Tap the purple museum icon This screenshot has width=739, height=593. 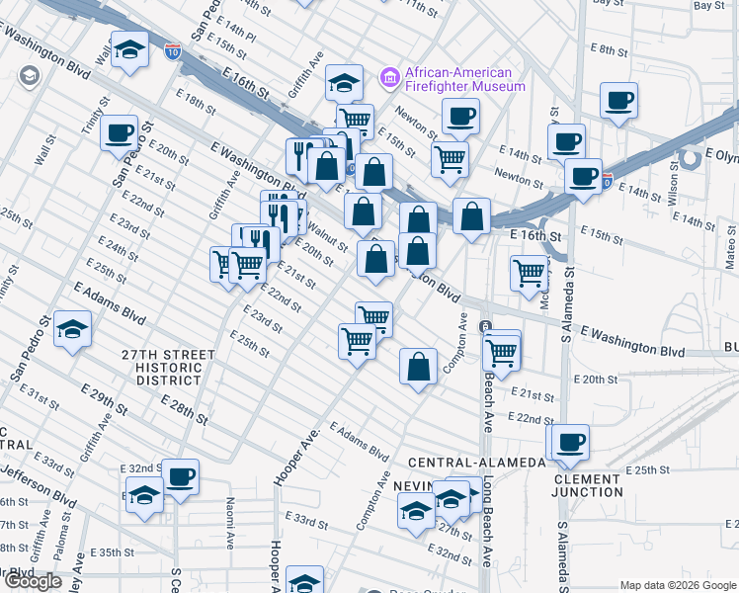(389, 77)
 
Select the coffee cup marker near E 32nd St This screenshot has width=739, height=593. (181, 477)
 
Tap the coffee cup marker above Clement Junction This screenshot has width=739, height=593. (570, 443)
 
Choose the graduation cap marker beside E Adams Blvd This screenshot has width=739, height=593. (73, 329)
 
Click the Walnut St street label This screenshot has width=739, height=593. (327, 238)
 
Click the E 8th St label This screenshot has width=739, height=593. (609, 48)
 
